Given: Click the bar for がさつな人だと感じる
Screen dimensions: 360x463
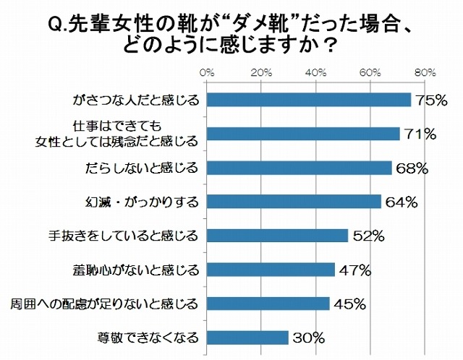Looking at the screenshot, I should click(309, 100).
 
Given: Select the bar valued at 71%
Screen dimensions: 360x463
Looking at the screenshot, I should click(304, 134).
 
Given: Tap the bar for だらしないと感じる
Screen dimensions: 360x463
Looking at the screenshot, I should click(300, 168).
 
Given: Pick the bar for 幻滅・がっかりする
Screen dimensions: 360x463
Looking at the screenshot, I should click(294, 202).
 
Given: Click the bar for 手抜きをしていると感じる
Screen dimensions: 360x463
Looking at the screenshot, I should click(278, 235).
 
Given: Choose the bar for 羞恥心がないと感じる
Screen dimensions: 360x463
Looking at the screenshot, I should click(271, 270).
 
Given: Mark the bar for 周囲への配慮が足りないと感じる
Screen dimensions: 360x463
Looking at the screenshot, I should click(268, 303).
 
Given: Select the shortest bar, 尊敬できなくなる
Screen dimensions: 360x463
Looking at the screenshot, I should click(248, 337).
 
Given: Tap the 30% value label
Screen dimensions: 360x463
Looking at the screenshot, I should click(309, 338).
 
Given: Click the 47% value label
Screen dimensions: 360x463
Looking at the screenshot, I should click(355, 270).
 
